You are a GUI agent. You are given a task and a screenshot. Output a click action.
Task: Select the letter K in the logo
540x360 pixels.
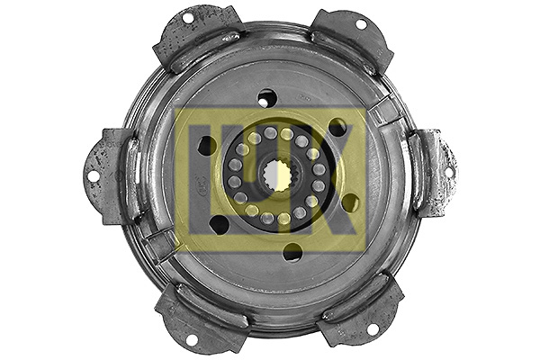[x=342, y=180]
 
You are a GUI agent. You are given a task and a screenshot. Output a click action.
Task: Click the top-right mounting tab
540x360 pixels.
[x=351, y=40]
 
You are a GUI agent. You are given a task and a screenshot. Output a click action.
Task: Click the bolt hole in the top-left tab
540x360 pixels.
[x=188, y=19]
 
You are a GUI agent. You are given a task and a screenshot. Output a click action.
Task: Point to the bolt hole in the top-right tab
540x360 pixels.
[x=362, y=24]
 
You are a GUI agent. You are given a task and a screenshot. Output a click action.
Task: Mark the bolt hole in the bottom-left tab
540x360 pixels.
[x=191, y=339]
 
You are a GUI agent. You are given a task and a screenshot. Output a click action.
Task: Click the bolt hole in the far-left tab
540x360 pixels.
[x=93, y=176]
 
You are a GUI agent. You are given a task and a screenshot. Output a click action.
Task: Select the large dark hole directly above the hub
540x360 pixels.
[x=267, y=97]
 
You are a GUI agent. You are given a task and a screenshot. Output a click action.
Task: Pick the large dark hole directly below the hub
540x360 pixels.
[x=292, y=252]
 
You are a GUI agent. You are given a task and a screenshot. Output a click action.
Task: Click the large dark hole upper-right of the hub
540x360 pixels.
[x=338, y=128]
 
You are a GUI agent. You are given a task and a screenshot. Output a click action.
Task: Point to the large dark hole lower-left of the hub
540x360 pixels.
[x=219, y=224]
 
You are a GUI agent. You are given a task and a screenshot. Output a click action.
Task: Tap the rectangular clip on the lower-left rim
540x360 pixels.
[x=162, y=243]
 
